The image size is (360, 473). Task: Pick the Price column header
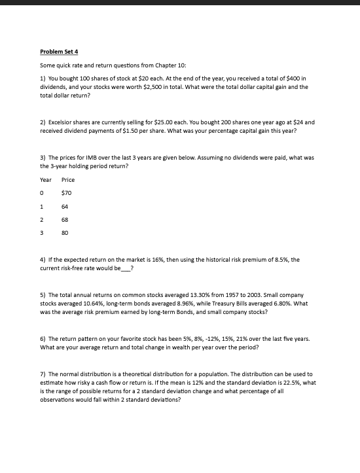[68, 179]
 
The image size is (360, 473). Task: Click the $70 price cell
[66, 192]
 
